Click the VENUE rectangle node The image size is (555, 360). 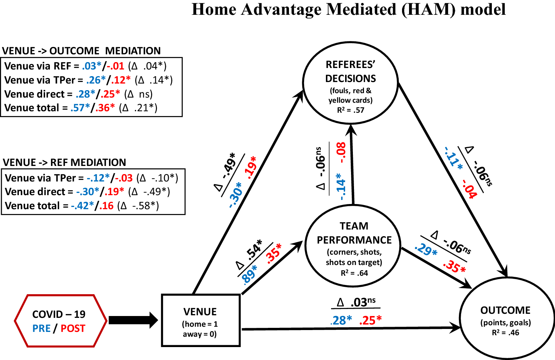point(201,320)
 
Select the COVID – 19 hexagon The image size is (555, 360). point(60,321)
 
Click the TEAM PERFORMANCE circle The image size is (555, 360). point(354,246)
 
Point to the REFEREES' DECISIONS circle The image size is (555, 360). point(350,82)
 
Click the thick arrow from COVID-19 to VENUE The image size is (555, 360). point(133,320)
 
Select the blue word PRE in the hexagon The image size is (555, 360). point(41,328)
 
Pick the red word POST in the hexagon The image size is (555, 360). point(73,328)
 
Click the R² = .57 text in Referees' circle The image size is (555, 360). point(350,110)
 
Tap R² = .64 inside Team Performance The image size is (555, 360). point(354,273)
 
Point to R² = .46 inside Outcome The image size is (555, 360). point(505,333)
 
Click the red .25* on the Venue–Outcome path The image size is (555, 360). point(370,320)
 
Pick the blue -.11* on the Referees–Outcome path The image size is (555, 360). point(453,159)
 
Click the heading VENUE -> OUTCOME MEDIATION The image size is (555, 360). point(81,51)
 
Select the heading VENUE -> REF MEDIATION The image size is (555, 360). point(64,162)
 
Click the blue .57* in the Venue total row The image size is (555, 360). point(80,108)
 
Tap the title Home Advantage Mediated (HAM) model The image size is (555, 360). point(348,10)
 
